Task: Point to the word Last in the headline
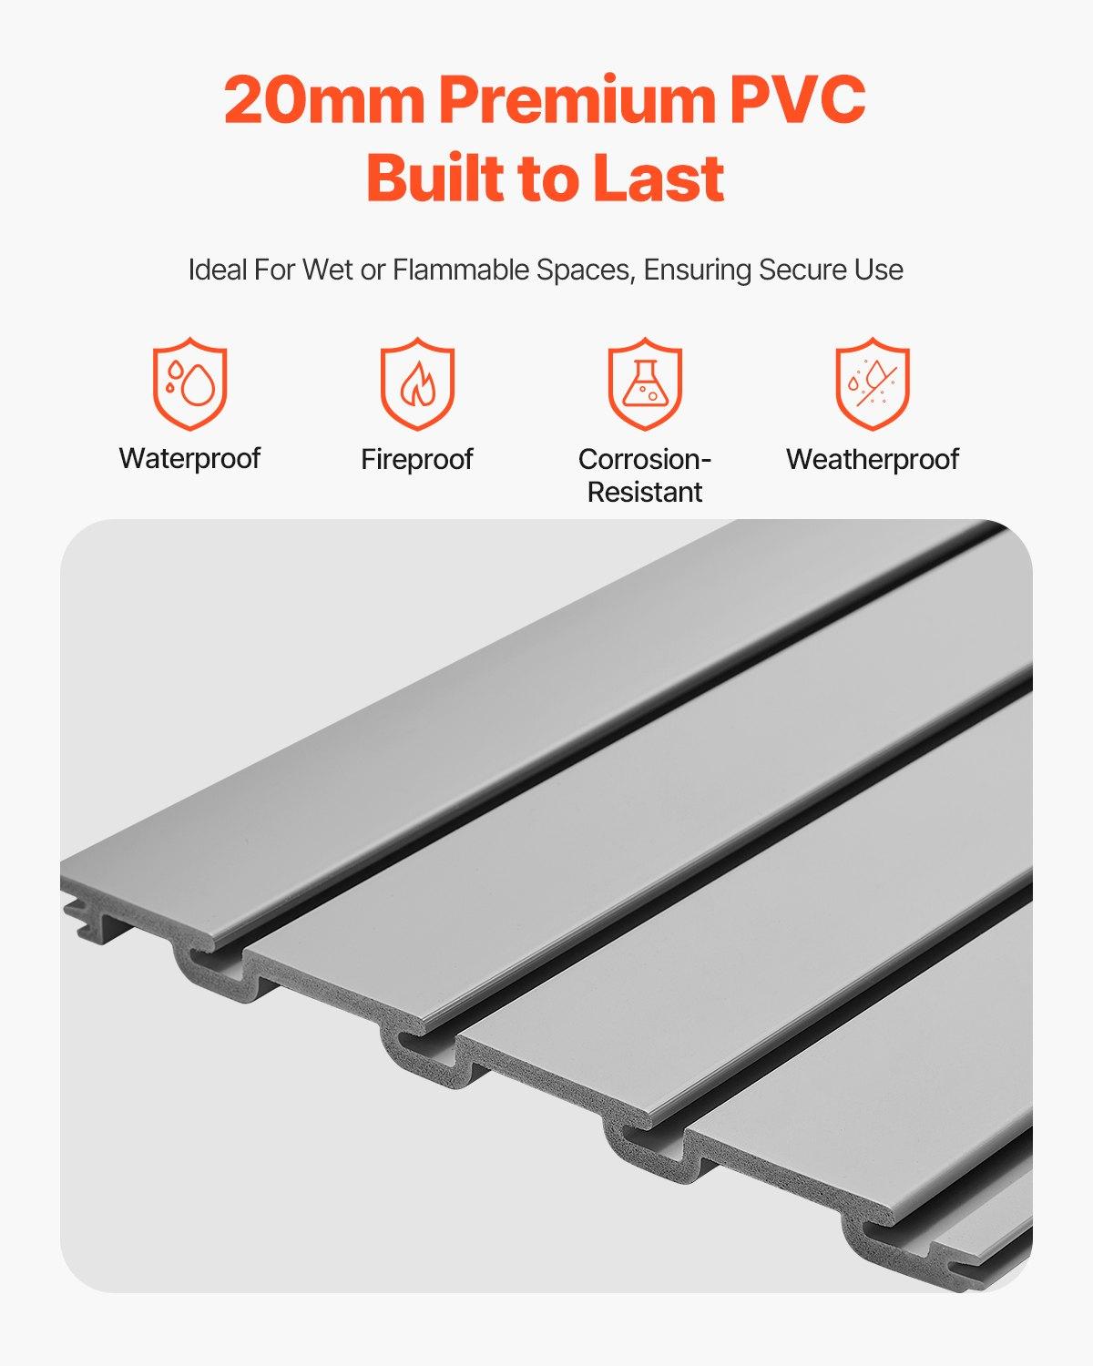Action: pos(659,178)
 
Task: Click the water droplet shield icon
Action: pos(189,383)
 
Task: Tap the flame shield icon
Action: pos(417,383)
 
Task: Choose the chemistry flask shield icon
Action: pos(645,383)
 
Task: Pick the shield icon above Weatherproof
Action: pos(873,383)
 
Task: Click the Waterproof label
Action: pos(189,458)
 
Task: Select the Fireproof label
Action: pos(417,459)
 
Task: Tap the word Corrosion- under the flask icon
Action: pos(645,459)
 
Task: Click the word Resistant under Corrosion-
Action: pos(645,492)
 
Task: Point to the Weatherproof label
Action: pos(873,459)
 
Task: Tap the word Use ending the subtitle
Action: pos(879,270)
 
